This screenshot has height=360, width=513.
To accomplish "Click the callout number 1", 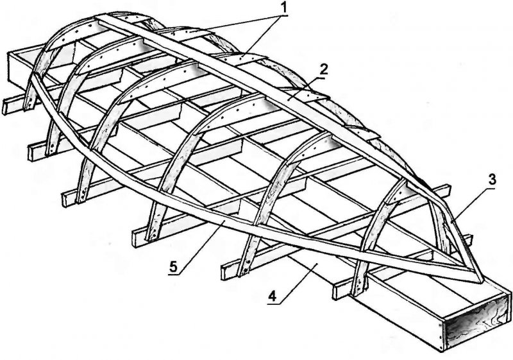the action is pos(284,8).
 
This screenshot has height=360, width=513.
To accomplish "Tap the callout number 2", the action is pos(323,70).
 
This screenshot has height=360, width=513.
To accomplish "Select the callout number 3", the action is pos(492,180).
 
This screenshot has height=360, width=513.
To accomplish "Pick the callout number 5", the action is pos(173,267).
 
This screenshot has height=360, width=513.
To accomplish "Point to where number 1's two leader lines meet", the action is pos(282,15).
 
